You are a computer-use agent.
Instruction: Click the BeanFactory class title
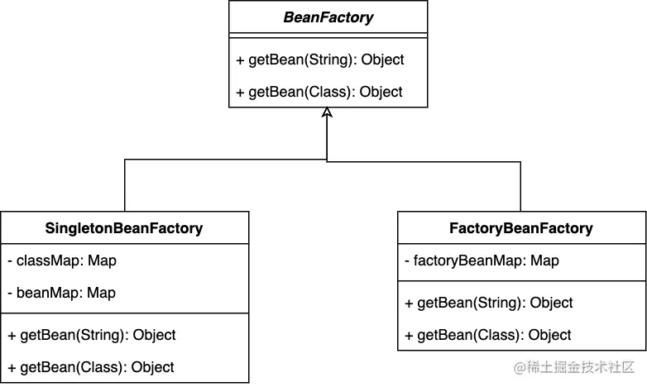point(328,17)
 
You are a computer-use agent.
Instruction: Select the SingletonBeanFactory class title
point(124,228)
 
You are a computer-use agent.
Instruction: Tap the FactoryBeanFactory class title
point(521,228)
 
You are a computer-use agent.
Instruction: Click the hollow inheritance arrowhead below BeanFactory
point(327,112)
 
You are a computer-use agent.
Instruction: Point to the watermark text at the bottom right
point(574,367)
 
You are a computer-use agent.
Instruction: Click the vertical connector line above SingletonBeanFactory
point(125,185)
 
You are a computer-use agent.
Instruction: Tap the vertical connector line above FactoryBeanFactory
point(520,187)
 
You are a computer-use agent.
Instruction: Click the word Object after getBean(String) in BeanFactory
point(382,60)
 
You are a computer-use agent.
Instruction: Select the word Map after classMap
point(103,260)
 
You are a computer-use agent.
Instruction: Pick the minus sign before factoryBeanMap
point(407,261)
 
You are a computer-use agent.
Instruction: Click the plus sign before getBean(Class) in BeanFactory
point(240,93)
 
